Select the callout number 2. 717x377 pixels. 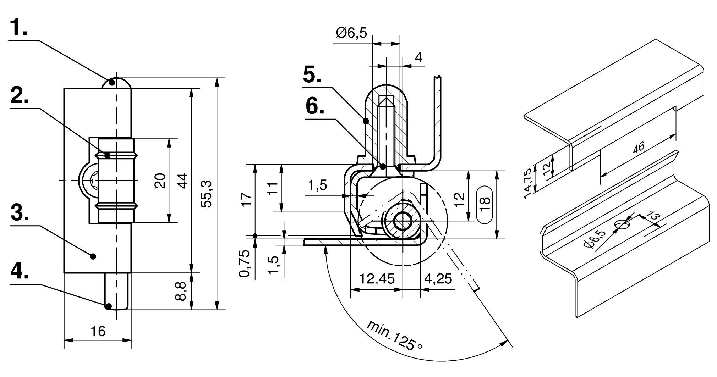point(20,95)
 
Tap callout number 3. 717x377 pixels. point(20,212)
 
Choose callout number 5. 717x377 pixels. point(312,75)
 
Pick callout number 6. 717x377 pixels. point(315,106)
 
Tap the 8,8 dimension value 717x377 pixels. point(181,291)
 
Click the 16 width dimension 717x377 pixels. point(98,331)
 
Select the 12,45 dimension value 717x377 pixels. point(377,279)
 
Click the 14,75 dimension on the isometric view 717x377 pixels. point(529,183)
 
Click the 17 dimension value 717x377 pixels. point(247,199)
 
